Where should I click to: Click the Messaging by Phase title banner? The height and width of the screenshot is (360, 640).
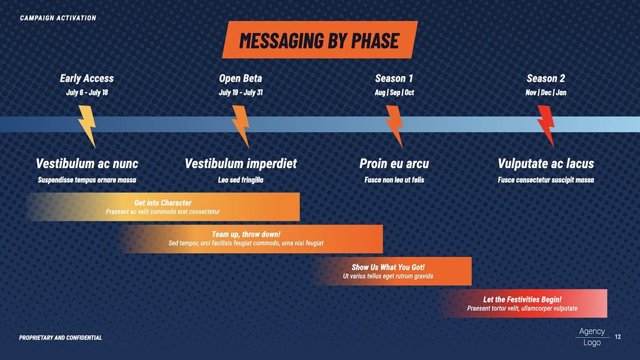[319, 40]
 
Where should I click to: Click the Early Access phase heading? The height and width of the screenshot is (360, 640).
[87, 78]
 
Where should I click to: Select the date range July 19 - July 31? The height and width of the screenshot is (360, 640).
[240, 92]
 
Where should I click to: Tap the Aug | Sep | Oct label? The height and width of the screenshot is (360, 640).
[394, 92]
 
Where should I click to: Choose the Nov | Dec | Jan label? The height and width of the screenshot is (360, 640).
[546, 92]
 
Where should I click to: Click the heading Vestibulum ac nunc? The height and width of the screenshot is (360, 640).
[87, 163]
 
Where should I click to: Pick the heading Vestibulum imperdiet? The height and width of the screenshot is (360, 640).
[240, 163]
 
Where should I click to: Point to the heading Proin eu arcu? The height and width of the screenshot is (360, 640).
[394, 163]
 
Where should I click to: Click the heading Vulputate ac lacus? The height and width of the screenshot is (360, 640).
[546, 163]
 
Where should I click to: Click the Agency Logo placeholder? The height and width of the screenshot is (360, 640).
[592, 337]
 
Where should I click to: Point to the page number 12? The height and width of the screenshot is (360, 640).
[618, 337]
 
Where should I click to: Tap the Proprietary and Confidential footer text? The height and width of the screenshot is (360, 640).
[60, 338]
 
